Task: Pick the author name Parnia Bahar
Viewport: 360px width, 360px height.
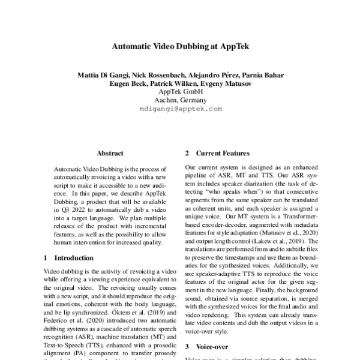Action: click(x=265, y=75)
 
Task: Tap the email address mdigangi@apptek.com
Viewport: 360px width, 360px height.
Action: click(x=180, y=109)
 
